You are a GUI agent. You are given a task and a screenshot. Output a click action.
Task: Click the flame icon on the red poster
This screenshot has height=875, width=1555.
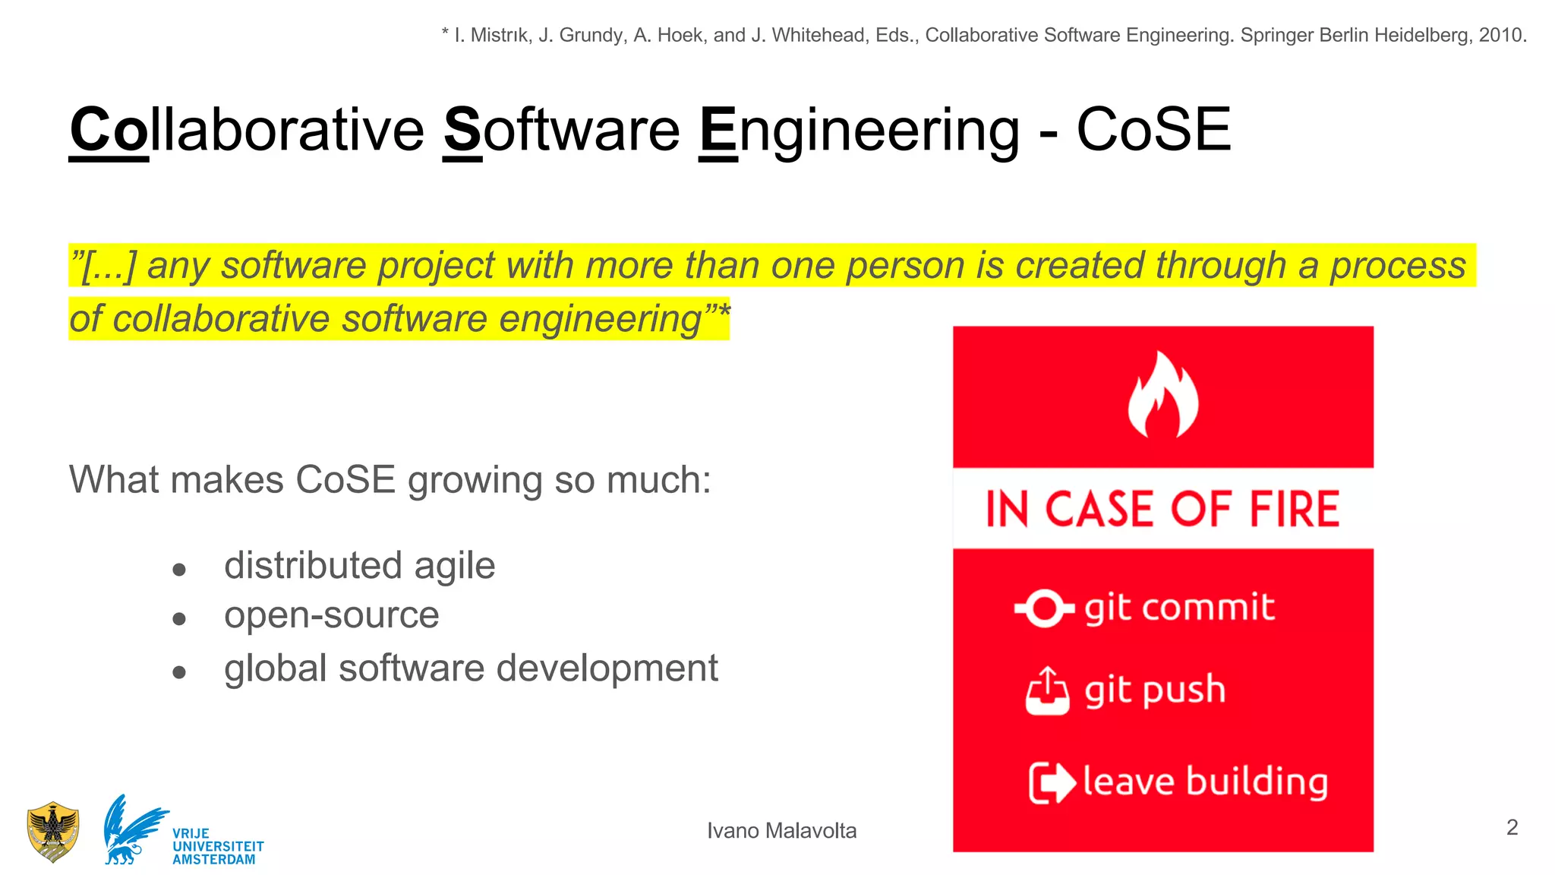coord(1162,395)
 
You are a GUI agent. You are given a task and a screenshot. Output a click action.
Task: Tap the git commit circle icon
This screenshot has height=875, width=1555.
coord(1044,608)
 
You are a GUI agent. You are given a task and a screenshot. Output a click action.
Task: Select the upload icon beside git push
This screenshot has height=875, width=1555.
coord(1047,691)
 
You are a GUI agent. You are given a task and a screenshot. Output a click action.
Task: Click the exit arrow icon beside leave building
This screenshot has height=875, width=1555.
coord(1052,782)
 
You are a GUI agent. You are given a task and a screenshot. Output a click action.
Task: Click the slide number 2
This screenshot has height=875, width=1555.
coord(1512,827)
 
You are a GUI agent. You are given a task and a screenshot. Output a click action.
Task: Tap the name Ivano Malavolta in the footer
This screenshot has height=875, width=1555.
coord(781,831)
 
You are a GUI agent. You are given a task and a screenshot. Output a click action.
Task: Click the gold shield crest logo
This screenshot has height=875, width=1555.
coord(52,832)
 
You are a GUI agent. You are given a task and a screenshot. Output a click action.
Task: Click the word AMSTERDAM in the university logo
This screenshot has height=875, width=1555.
coord(214,860)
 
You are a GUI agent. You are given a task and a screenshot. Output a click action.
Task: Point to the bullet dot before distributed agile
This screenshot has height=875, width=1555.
coord(179,570)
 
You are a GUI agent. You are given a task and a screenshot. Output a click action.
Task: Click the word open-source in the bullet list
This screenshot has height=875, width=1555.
coord(331,615)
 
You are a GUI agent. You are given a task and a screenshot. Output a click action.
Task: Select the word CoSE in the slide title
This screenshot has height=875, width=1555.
coord(1153,130)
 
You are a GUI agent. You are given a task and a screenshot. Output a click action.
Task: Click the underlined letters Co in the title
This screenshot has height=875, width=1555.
coord(109,131)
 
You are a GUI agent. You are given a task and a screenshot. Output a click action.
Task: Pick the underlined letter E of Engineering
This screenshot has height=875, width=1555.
coord(718,131)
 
